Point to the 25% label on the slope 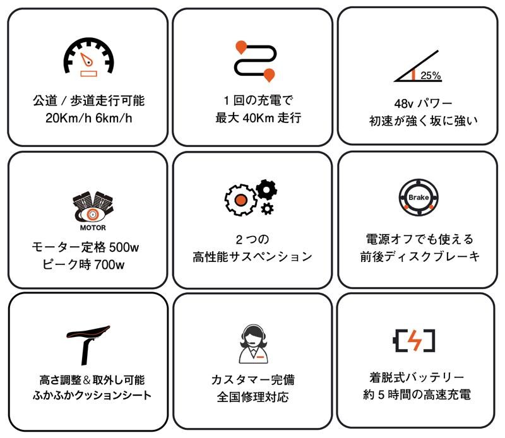click(x=430, y=75)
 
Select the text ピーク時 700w click(x=88, y=264)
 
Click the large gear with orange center click(x=240, y=199)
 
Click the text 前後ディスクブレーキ click(x=419, y=256)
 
